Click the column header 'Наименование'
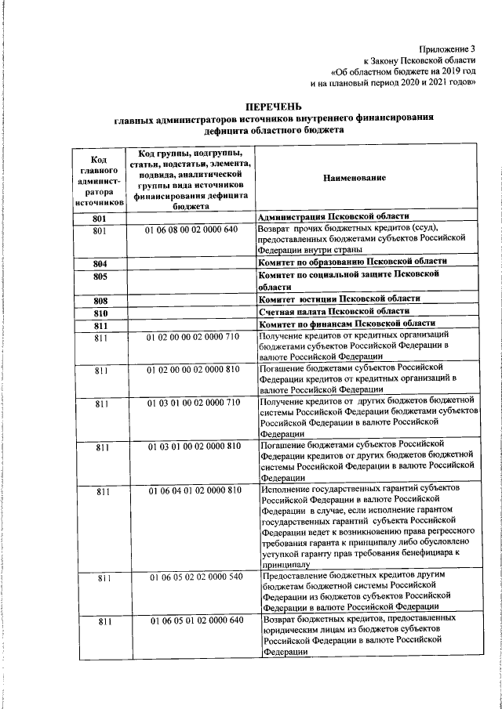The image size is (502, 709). [354, 179]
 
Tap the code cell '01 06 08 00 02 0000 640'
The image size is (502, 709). [192, 231]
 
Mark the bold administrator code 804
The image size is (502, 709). [100, 263]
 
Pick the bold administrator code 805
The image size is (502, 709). [100, 277]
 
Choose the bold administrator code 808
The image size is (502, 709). [100, 301]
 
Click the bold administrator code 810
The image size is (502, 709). [100, 313]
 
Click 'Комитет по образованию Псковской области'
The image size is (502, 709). [352, 261]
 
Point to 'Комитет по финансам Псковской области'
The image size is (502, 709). [347, 324]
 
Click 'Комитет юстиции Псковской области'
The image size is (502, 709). [340, 299]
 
